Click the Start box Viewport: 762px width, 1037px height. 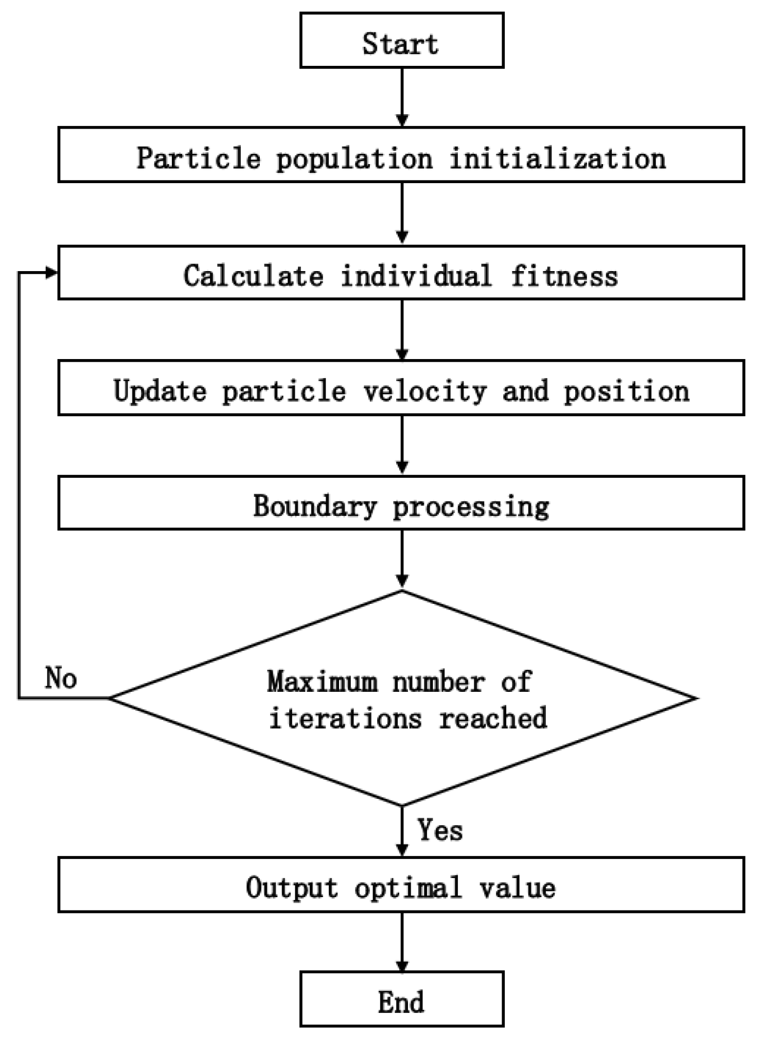(401, 41)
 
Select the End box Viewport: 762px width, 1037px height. (401, 1000)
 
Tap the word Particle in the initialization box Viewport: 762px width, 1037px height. (199, 158)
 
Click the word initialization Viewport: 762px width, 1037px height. (558, 158)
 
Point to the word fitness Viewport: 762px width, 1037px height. (564, 276)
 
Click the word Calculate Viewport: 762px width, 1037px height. (253, 276)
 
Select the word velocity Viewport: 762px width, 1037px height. (425, 391)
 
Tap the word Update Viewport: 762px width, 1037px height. (160, 391)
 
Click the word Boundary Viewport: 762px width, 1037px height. (315, 506)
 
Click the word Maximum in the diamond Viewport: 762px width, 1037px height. (322, 683)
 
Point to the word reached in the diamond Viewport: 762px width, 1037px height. (493, 718)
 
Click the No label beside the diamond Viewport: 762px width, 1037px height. (61, 677)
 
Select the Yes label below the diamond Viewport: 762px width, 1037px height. (440, 830)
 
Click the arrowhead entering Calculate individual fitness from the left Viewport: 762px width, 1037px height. (51, 273)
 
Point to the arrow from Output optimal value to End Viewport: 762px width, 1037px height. (402, 941)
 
